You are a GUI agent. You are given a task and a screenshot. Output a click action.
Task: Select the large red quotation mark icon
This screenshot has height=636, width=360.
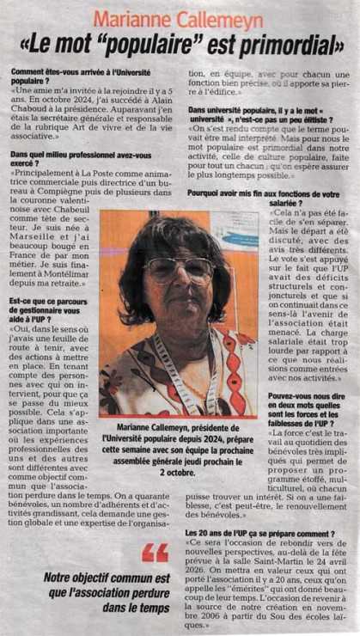(x=156, y=552)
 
